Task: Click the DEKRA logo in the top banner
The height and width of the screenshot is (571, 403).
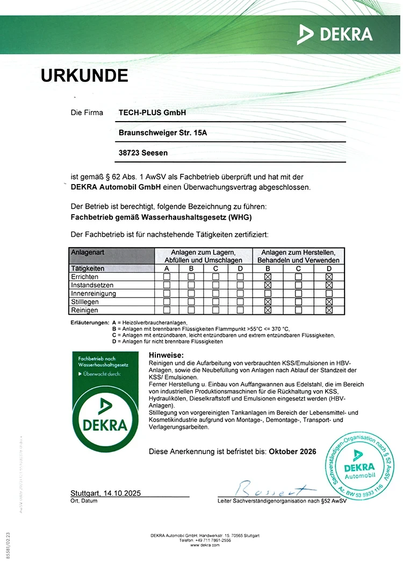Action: click(335, 34)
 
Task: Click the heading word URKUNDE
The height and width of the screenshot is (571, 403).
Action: click(84, 75)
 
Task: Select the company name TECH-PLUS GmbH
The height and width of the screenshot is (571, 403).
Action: click(152, 113)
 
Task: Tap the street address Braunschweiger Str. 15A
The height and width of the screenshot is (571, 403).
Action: click(162, 133)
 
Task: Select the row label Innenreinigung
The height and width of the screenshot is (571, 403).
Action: click(93, 294)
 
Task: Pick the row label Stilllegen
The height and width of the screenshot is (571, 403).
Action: click(85, 302)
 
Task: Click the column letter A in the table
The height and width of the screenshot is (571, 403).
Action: click(167, 268)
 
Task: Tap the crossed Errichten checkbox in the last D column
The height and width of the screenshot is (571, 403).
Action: click(329, 277)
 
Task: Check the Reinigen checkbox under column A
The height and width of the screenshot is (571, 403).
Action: click(167, 311)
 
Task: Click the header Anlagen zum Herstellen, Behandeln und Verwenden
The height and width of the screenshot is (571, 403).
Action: click(298, 256)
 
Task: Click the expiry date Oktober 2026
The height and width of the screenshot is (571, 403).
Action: click(292, 452)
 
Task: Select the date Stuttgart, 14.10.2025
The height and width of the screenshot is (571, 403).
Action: click(105, 493)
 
